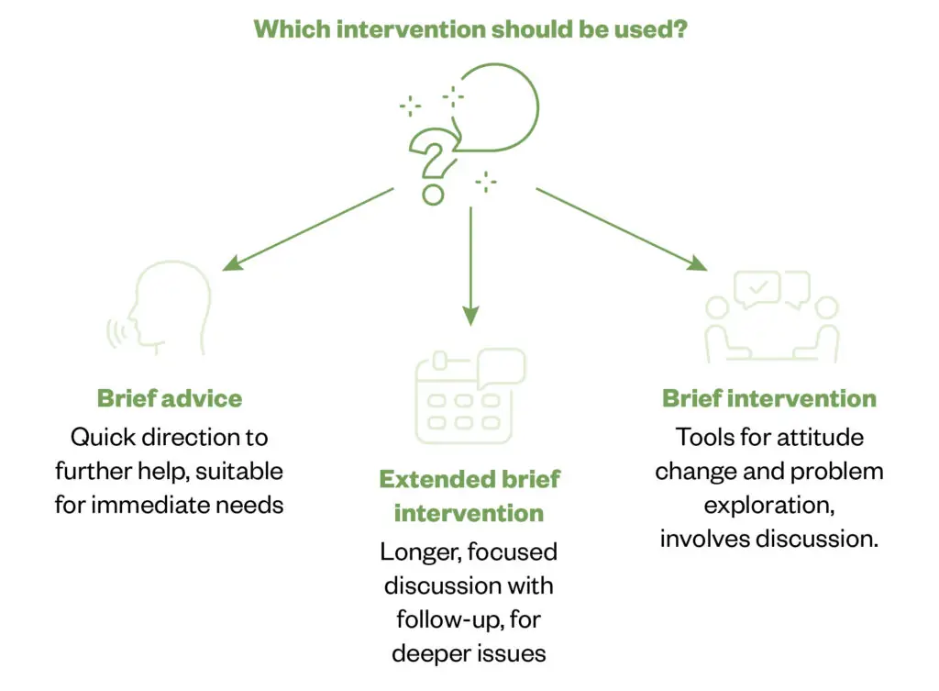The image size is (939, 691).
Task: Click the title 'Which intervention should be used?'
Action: tap(470, 28)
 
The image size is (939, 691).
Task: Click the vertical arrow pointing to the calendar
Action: tap(470, 266)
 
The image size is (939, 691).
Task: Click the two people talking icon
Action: tap(771, 317)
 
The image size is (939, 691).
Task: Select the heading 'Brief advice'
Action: tap(170, 398)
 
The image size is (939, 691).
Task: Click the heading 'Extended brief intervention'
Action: tap(469, 496)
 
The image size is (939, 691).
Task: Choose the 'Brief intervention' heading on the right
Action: tap(769, 398)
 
